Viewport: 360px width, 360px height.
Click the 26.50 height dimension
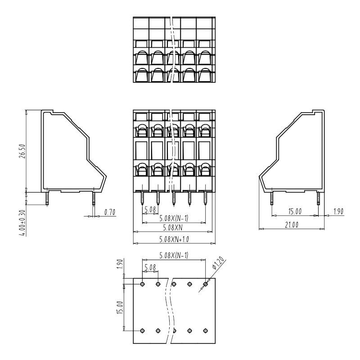pos(22,151)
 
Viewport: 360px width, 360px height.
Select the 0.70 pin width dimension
pos(110,212)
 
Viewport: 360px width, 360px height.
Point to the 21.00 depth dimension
pos(292,225)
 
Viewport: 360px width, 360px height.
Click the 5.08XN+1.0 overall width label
pos(174,239)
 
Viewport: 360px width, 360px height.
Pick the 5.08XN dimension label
pos(173,228)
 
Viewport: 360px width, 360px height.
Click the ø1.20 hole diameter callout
pos(218,263)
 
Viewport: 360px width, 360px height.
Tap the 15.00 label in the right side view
pos(295,211)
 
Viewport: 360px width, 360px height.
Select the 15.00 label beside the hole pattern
pos(120,307)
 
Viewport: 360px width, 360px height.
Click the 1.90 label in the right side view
pos(338,211)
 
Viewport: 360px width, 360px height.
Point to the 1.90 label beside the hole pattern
pos(121,264)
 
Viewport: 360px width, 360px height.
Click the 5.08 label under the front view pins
pos(150,209)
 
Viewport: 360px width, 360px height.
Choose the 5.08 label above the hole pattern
pos(150,267)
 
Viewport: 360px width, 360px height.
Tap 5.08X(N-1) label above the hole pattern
pos(174,255)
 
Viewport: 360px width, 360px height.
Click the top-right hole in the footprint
pos(206,284)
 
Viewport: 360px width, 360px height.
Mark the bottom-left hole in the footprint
pos(142,331)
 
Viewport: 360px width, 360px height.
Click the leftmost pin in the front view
pos(142,198)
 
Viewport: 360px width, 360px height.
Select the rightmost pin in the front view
pos(205,198)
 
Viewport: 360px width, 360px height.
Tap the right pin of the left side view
pos(94,198)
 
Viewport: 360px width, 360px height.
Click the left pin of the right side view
pos(272,198)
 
